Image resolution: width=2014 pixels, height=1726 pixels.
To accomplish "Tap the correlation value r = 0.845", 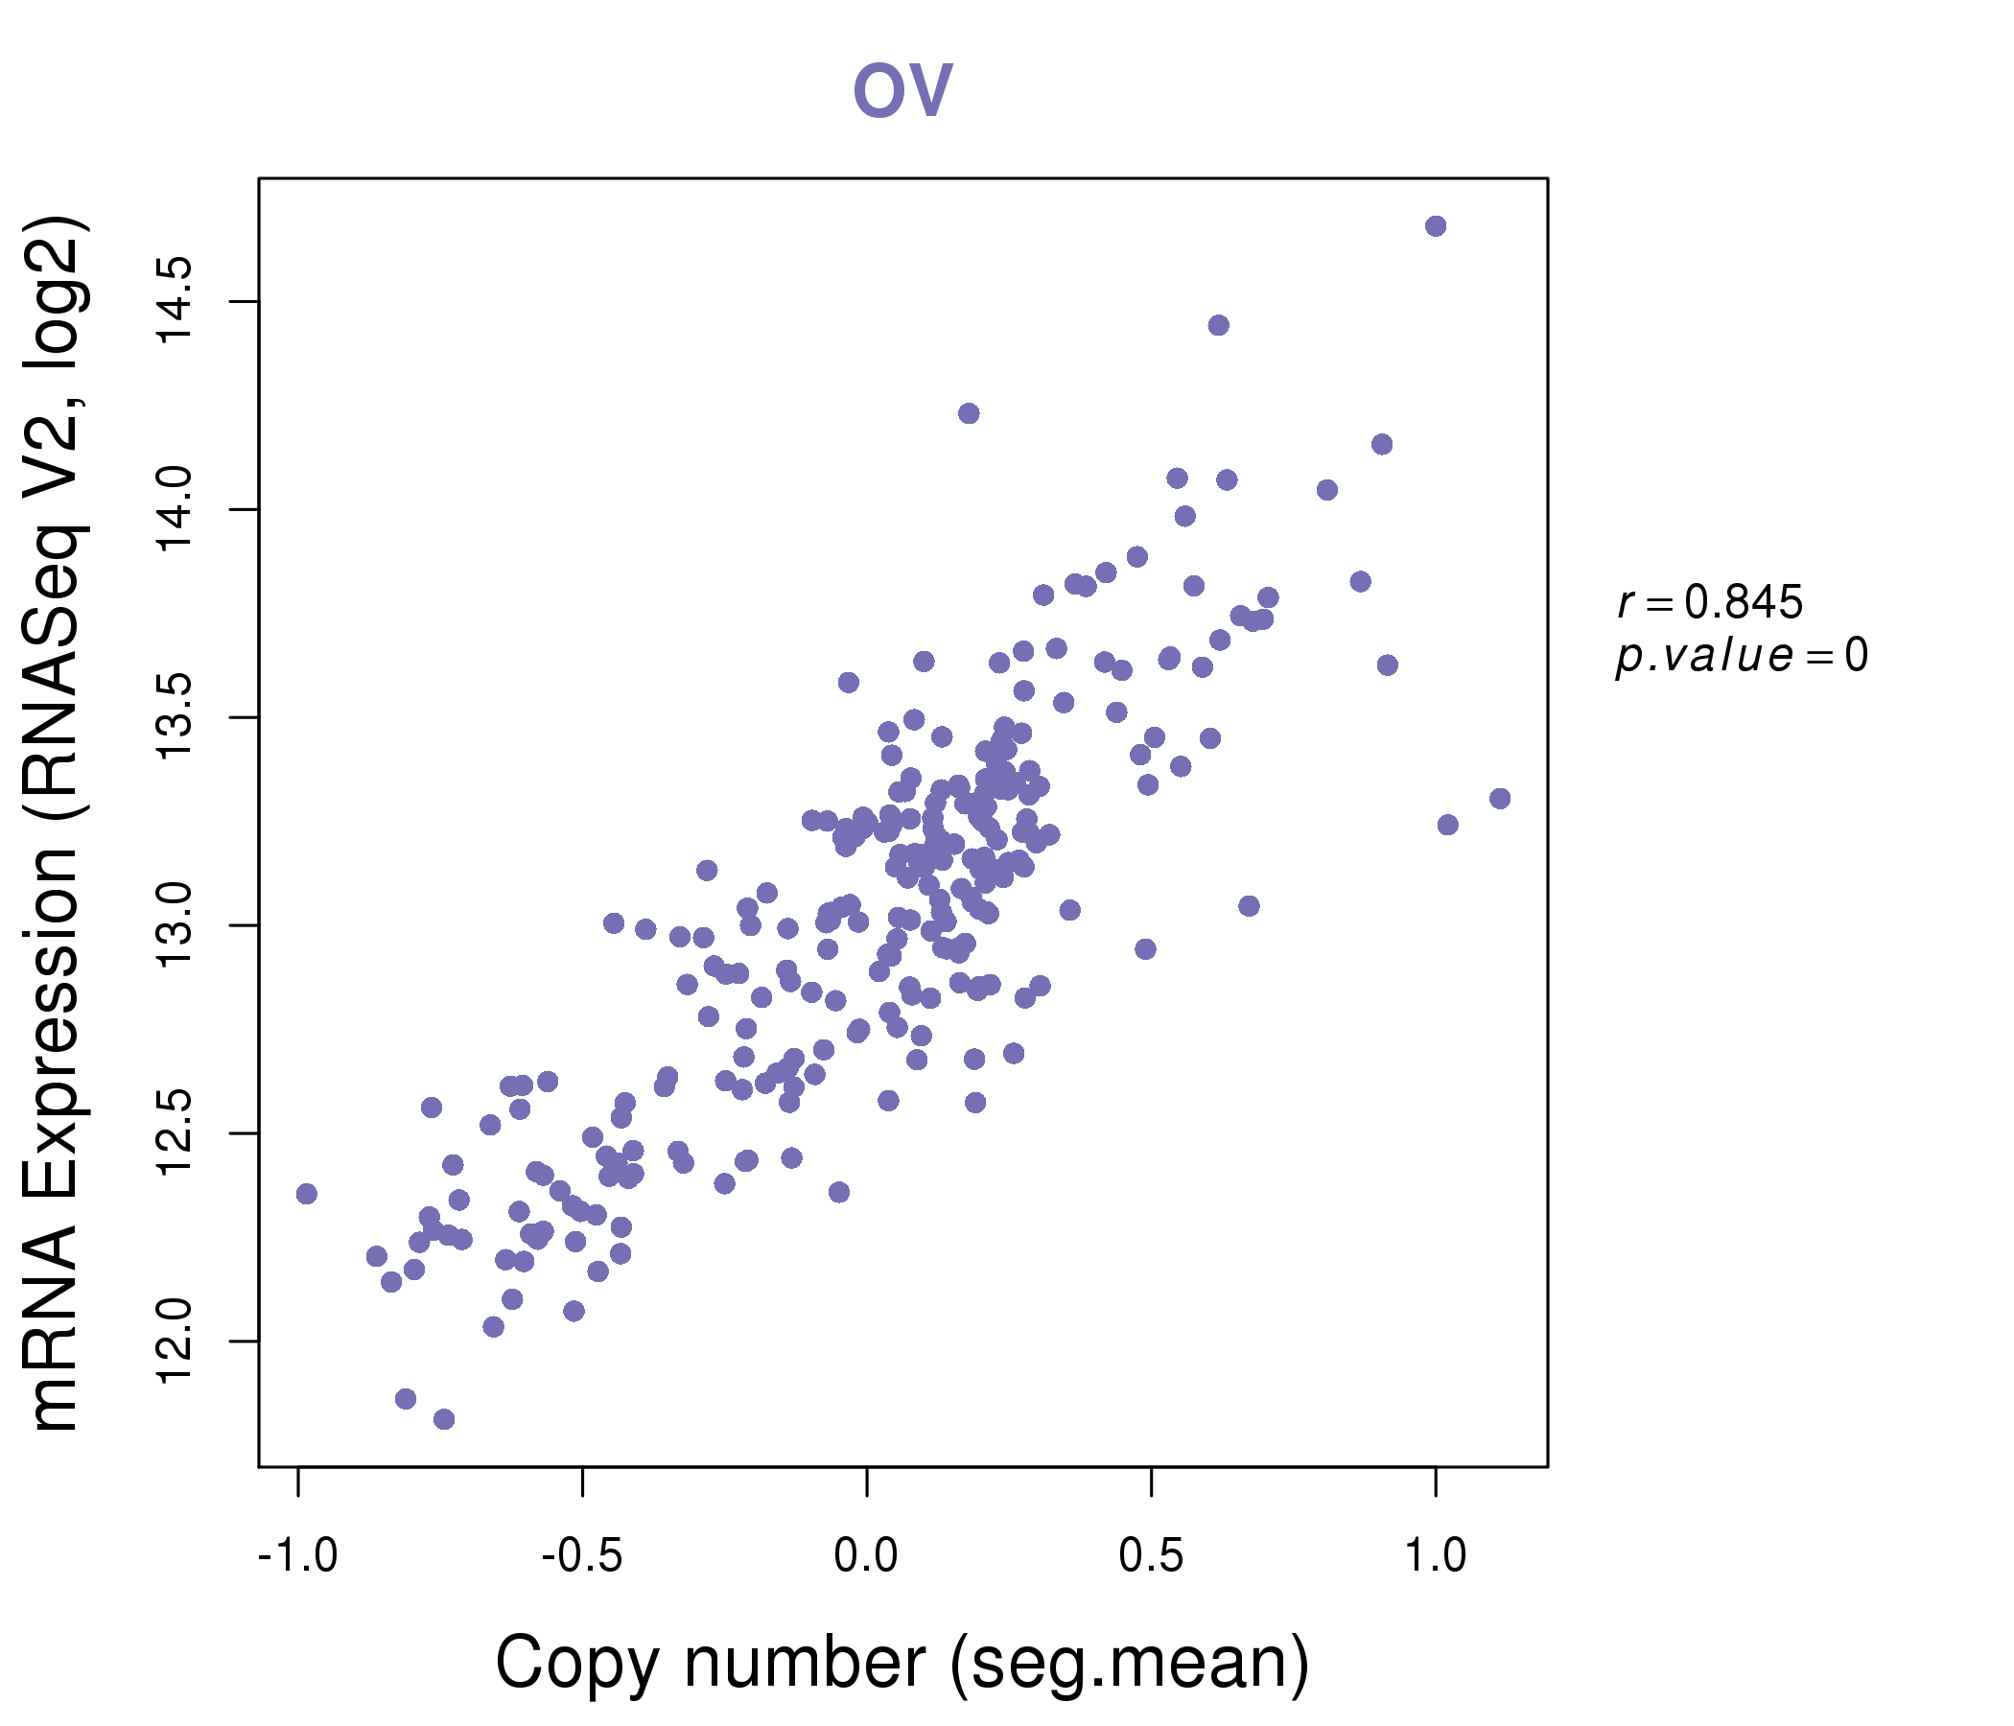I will tap(1709, 602).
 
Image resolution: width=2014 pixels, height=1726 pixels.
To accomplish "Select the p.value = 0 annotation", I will tap(1741, 656).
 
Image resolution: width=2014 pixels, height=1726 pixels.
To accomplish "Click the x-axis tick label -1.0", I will tap(297, 1556).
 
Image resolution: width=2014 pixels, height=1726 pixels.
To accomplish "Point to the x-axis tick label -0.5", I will tap(581, 1556).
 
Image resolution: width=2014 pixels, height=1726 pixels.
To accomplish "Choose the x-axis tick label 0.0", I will tap(866, 1556).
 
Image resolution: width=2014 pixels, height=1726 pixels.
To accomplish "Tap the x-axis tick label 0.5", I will tap(1151, 1556).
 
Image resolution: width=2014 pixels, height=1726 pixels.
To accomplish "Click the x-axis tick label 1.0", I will tap(1435, 1556).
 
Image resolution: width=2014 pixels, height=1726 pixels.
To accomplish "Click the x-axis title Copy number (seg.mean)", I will tap(902, 1663).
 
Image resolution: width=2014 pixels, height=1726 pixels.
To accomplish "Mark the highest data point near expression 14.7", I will tap(1436, 226).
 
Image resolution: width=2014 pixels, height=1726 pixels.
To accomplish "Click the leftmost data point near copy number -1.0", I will tap(306, 1194).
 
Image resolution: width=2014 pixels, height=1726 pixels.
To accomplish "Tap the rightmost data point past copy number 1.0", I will tap(1500, 799).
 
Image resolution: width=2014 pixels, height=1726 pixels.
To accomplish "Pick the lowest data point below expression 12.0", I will tap(444, 1419).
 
